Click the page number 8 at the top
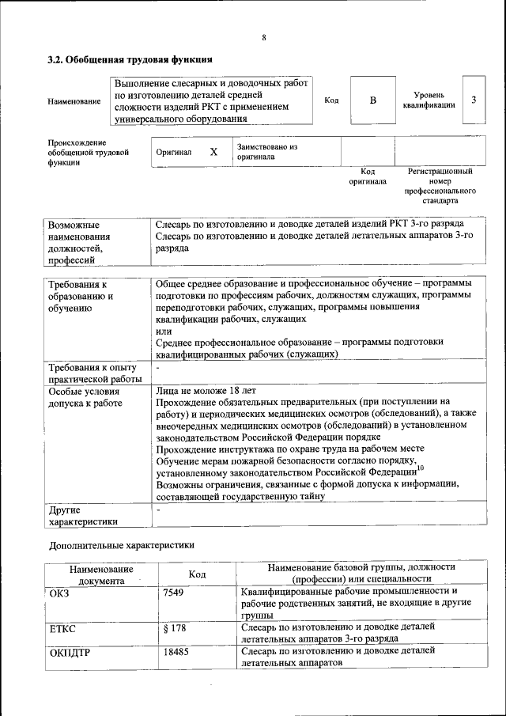[264, 37]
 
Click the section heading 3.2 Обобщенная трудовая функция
[130, 59]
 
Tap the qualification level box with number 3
[473, 100]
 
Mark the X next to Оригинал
[213, 151]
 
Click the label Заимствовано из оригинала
[266, 152]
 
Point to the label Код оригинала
[368, 176]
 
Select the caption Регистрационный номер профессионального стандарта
[440, 186]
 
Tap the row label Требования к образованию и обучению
[81, 296]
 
